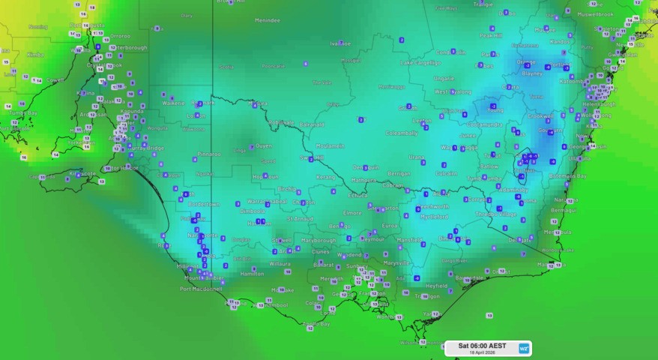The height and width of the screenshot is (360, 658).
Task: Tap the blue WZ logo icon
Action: (x=523, y=349)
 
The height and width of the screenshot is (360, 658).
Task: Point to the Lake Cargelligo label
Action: (x=420, y=63)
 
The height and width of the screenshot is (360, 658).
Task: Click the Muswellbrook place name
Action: (x=595, y=14)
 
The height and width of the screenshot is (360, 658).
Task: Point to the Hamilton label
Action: (x=252, y=274)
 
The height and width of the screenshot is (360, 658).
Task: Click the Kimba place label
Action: (x=35, y=55)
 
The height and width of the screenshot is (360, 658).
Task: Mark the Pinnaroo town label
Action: (x=208, y=154)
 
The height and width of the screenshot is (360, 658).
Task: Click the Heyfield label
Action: (x=437, y=286)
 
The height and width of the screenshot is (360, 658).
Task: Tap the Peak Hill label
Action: (x=491, y=35)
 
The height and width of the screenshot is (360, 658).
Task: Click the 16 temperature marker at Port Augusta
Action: (x=87, y=25)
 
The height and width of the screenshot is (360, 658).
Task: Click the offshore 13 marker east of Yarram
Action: (x=489, y=316)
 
